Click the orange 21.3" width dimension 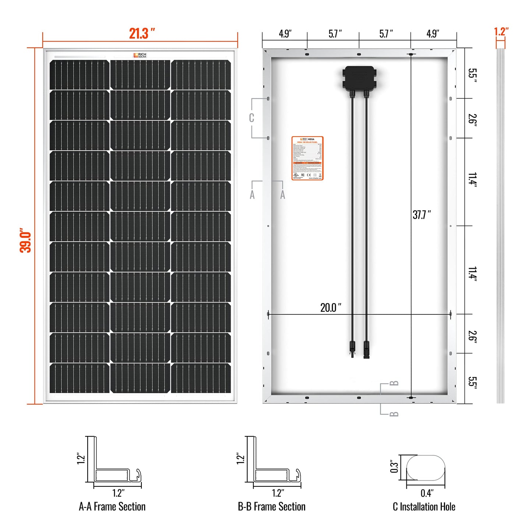point(142,34)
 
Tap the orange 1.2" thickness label point(501,32)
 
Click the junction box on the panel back point(359,78)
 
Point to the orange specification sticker point(307,158)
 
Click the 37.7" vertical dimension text point(422,215)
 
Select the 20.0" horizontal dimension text point(330,307)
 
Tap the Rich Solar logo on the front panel point(140,55)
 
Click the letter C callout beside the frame point(251,118)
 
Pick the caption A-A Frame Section point(112,507)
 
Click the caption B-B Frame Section point(272,507)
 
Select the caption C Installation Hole point(424,507)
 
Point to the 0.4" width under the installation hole point(427,493)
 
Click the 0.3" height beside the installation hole point(394,466)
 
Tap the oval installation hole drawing point(426,468)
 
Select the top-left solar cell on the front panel point(80,75)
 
